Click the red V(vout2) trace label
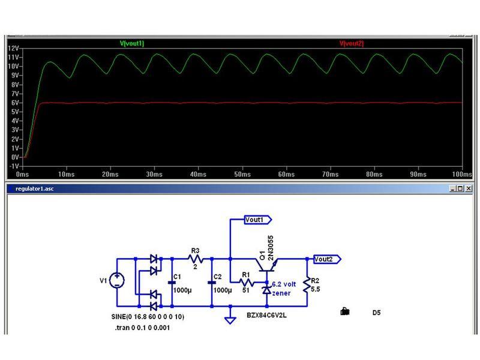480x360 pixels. click(352, 44)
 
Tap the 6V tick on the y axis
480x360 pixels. click(16, 103)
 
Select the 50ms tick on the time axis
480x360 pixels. click(242, 174)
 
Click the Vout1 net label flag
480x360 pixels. click(256, 220)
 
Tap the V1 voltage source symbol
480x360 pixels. click(116, 280)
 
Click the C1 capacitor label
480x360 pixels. click(176, 277)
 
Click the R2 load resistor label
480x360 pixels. click(315, 281)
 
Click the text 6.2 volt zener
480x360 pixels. click(283, 289)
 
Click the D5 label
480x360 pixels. click(376, 313)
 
